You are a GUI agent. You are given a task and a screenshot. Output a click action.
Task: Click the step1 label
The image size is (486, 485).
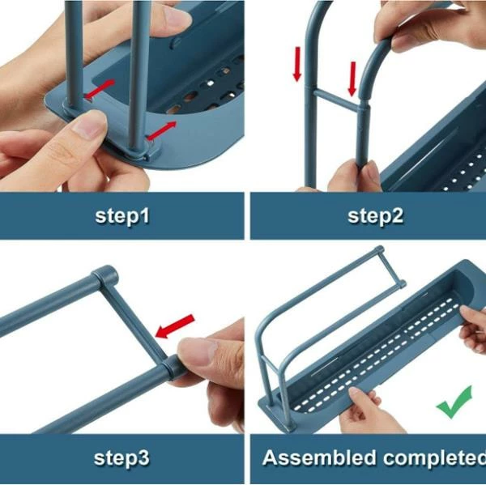pos(122,215)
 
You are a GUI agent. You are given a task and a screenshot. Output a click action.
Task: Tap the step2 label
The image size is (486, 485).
pos(375,215)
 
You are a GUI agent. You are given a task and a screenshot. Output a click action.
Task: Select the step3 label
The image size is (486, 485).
pos(122,458)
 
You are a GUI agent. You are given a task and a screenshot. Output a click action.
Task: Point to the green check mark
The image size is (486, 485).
pos(454,402)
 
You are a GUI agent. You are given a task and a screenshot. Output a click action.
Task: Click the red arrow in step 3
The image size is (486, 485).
pos(175,326)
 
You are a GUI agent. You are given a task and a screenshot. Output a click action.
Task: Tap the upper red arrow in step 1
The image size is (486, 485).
pos(100,89)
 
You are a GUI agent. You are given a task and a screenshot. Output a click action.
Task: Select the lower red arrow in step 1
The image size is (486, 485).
pos(161,131)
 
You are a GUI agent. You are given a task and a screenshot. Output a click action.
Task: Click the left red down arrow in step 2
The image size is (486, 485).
pos(297,64)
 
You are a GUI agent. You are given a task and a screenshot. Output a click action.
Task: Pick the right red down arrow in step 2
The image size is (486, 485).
pos(352,79)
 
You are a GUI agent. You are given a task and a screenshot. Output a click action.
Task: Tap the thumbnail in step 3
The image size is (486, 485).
pos(198,351)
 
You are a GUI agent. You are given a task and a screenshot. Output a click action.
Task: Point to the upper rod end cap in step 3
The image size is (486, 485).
pos(106,274)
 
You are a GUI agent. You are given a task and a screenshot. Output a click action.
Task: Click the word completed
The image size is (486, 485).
pos(434,458)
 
